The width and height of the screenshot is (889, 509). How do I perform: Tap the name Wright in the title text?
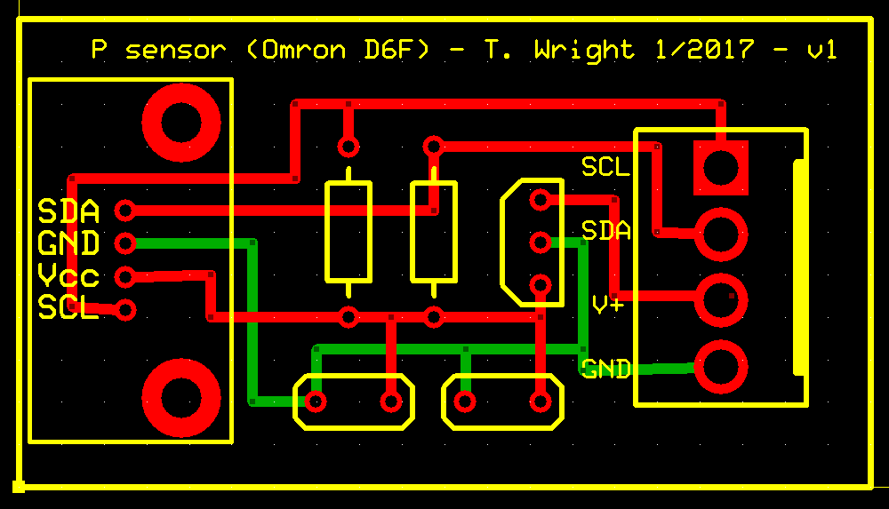[584, 50]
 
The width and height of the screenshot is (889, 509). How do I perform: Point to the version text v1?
[821, 50]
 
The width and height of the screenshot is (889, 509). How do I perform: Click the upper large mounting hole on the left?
[181, 122]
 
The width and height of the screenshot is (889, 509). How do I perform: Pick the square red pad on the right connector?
[721, 167]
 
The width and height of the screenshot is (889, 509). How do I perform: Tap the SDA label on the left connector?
[68, 211]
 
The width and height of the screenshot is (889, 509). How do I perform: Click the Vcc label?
[68, 276]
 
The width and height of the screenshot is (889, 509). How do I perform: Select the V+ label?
[608, 305]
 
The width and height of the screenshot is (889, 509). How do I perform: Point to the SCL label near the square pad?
[605, 166]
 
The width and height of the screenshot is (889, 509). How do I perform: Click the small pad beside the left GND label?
[125, 243]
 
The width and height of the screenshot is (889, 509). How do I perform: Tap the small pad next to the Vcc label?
[125, 277]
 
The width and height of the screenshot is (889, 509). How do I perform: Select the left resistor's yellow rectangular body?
[348, 231]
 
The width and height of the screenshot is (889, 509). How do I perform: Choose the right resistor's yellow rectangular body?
[433, 231]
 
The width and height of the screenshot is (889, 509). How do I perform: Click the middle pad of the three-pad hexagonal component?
[540, 242]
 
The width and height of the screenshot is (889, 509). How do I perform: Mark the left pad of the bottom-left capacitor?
[316, 402]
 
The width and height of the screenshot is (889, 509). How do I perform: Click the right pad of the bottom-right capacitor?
[540, 402]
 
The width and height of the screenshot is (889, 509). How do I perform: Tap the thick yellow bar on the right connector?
[801, 266]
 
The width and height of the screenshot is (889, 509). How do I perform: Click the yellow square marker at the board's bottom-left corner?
[18, 486]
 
